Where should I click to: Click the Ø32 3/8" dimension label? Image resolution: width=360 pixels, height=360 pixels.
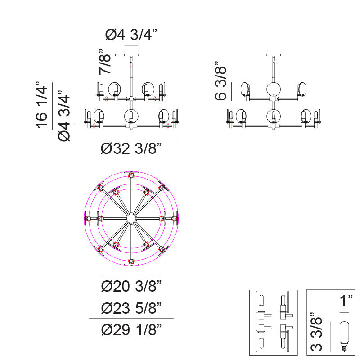point(131,148)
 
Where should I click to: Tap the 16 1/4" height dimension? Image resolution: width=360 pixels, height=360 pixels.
point(41,105)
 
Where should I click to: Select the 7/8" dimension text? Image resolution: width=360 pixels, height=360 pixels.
point(105,62)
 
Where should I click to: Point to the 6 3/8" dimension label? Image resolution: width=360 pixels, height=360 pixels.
point(220,81)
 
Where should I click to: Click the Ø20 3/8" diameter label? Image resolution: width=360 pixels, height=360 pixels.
point(131,286)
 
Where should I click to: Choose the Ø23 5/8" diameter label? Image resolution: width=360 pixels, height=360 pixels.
point(131,308)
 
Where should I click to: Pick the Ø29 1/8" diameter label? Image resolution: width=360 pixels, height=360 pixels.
point(131,330)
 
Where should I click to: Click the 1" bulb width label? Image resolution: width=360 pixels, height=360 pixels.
point(346,301)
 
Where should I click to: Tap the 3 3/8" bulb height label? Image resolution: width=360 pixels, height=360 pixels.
point(316,332)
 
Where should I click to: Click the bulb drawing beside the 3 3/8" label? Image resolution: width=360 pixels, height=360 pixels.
point(344,336)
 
